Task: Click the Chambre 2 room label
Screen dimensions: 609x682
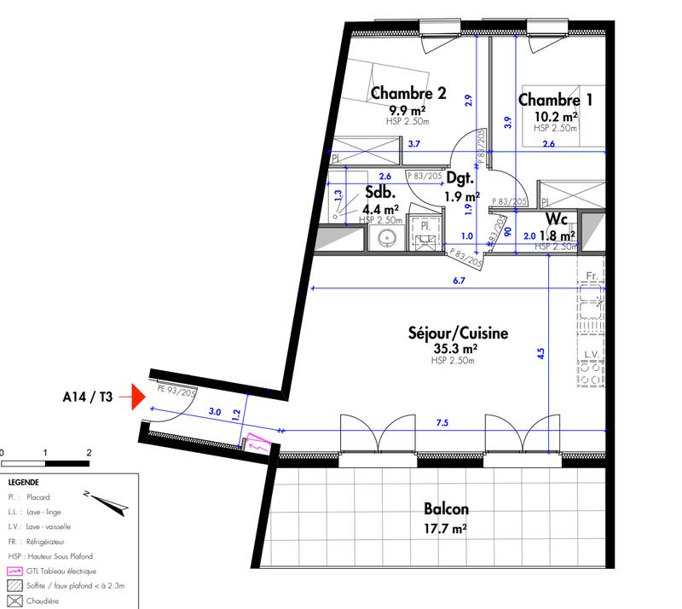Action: tap(407, 95)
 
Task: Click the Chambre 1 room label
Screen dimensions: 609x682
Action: tap(555, 99)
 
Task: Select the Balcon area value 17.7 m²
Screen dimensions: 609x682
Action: tap(446, 529)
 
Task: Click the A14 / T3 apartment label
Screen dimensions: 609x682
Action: tap(87, 397)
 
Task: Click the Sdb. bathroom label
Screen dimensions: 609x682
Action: tap(379, 193)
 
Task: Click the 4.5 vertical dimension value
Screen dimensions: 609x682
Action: tap(540, 354)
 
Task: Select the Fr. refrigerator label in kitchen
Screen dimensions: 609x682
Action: tap(591, 276)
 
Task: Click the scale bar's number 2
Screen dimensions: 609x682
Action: tap(89, 451)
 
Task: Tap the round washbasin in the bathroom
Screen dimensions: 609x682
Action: tap(386, 238)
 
